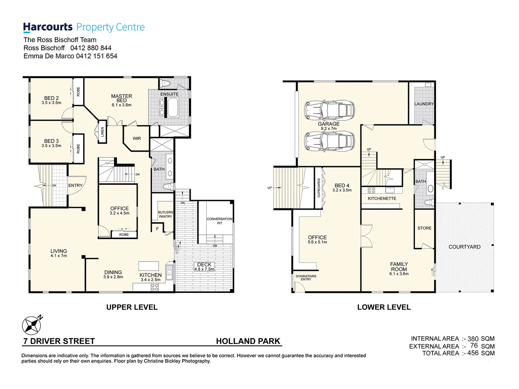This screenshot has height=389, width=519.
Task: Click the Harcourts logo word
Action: [x=48, y=27]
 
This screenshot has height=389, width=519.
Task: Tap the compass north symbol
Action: [x=32, y=325]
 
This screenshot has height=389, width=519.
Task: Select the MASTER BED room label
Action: [x=121, y=98]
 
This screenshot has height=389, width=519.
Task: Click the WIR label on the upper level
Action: [x=137, y=138]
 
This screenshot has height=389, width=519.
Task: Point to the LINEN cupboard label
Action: [x=102, y=132]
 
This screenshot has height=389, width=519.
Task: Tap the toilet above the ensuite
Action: [x=165, y=84]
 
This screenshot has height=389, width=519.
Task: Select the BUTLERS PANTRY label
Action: [x=165, y=214]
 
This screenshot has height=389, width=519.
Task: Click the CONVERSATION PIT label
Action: [x=219, y=221]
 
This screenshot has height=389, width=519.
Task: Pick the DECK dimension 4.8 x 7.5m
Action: [x=204, y=269]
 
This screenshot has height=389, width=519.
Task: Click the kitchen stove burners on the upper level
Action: [x=155, y=287]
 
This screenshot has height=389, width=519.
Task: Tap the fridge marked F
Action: [x=157, y=229]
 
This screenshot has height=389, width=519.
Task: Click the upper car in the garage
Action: [x=329, y=110]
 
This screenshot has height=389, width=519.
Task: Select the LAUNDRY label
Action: [x=424, y=104]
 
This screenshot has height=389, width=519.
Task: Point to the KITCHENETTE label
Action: [x=382, y=198]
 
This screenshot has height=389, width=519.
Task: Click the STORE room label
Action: [x=424, y=228]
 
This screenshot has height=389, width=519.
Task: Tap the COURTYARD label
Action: [x=464, y=247]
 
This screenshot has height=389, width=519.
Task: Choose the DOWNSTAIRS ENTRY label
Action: [x=306, y=278]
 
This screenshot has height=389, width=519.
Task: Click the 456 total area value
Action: [x=473, y=353]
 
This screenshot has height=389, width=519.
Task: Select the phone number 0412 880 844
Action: [x=91, y=48]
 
